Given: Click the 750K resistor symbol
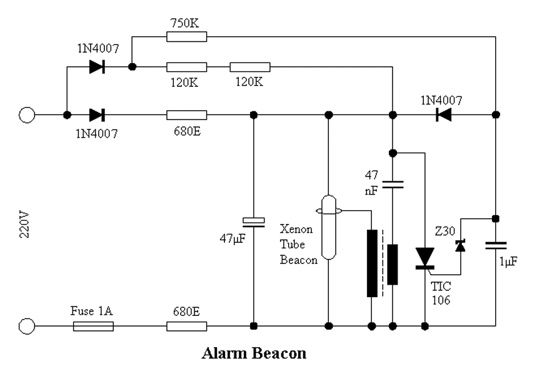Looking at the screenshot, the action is point(187,37).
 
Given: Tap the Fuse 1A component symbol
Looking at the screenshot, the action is point(93,326).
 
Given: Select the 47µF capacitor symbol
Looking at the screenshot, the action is point(253,222).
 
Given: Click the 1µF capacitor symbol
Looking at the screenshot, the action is point(496,245).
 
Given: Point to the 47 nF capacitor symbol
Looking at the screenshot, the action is point(393,185).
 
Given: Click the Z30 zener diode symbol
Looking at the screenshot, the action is point(460,246).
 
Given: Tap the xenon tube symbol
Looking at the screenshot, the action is point(329,227).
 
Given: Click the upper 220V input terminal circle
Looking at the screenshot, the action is point(27,114).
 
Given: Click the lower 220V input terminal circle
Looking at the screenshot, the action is point(27,326).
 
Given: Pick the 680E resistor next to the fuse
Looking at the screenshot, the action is point(187,326).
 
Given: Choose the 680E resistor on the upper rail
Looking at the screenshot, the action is point(187,114).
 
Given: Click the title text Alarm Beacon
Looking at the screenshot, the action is point(254,353).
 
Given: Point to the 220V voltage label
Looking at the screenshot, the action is point(24,225).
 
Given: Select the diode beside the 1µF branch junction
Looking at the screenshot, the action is point(443,114).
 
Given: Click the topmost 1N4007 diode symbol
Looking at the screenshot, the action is point(97,66).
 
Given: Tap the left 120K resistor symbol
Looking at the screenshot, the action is point(187,67).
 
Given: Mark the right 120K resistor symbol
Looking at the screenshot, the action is point(250,67).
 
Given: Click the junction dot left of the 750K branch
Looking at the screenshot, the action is point(132,67).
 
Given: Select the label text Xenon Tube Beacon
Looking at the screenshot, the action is point(299,244).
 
